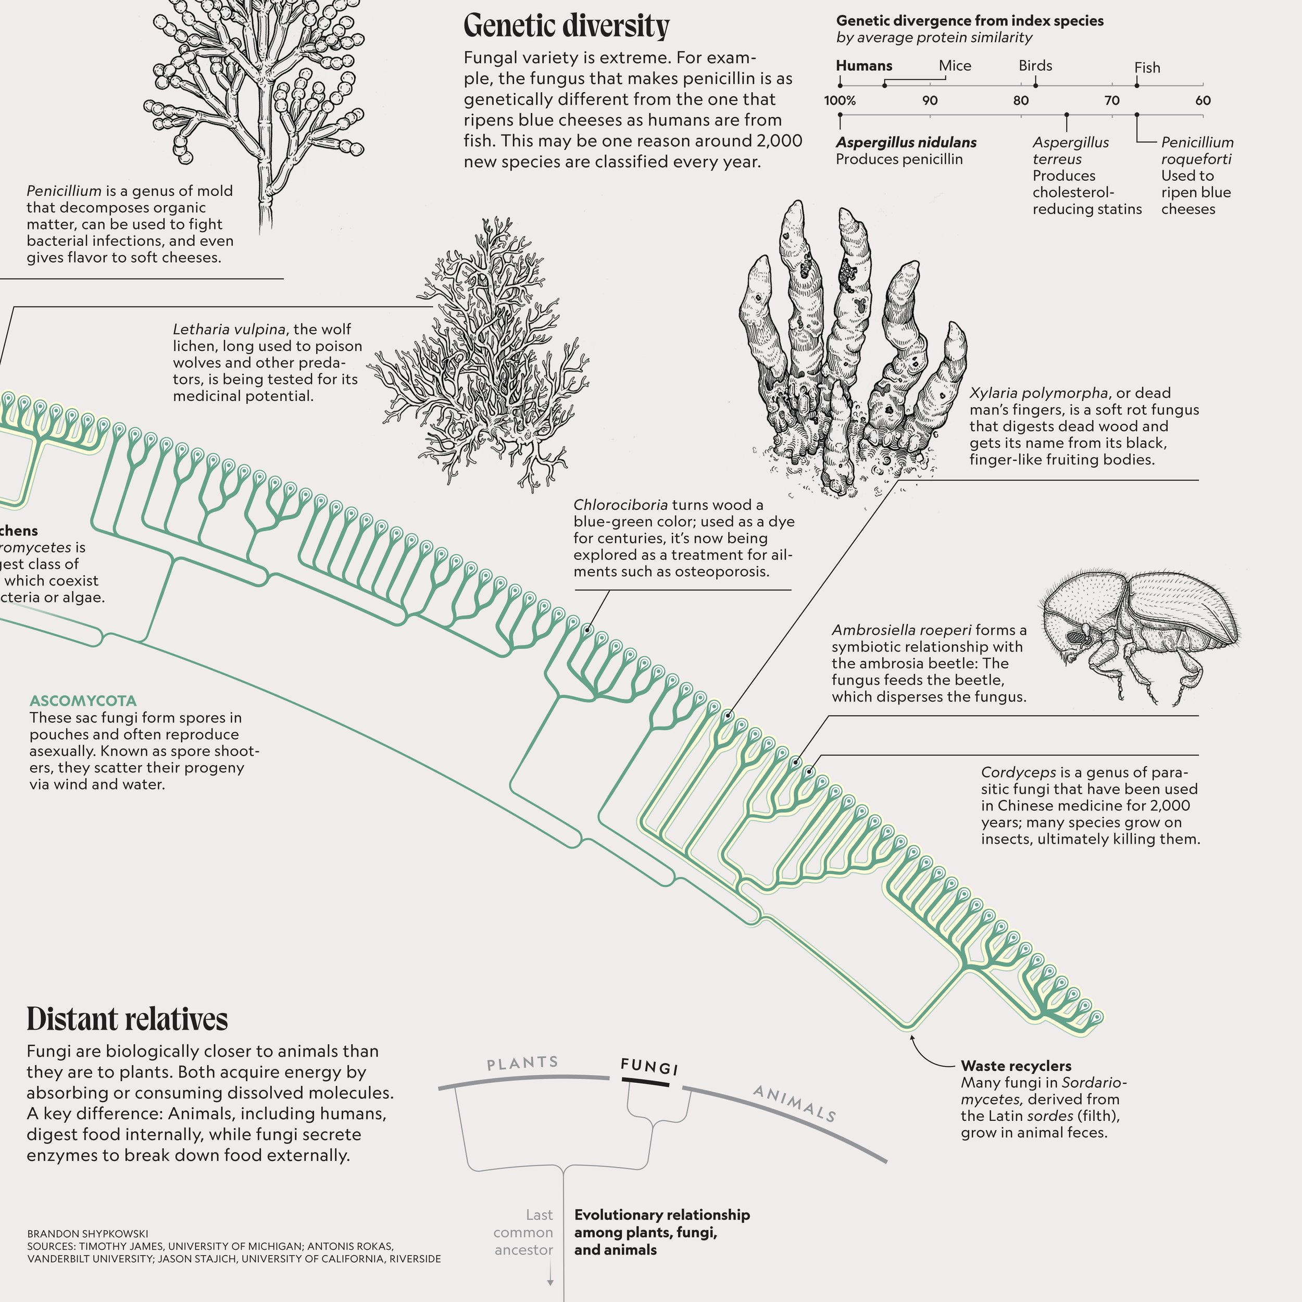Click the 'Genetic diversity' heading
[566, 26]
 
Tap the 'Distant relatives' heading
[128, 1019]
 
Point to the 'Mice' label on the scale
[955, 66]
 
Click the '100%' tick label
[840, 101]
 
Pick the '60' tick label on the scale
[1203, 101]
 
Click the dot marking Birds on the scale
[1036, 85]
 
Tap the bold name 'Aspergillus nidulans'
[906, 142]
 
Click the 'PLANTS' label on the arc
[522, 1063]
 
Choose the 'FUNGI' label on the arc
[649, 1066]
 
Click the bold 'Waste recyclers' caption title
[1016, 1066]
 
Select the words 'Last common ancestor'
[523, 1232]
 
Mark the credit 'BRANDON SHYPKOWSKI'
[87, 1233]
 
